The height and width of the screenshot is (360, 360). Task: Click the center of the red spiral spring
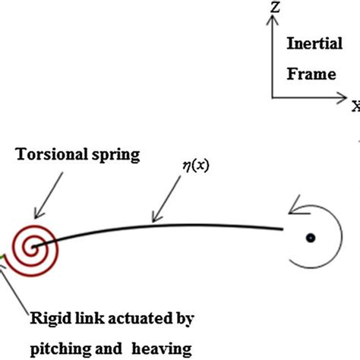click(x=31, y=247)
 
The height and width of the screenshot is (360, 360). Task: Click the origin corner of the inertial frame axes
click(x=271, y=97)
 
